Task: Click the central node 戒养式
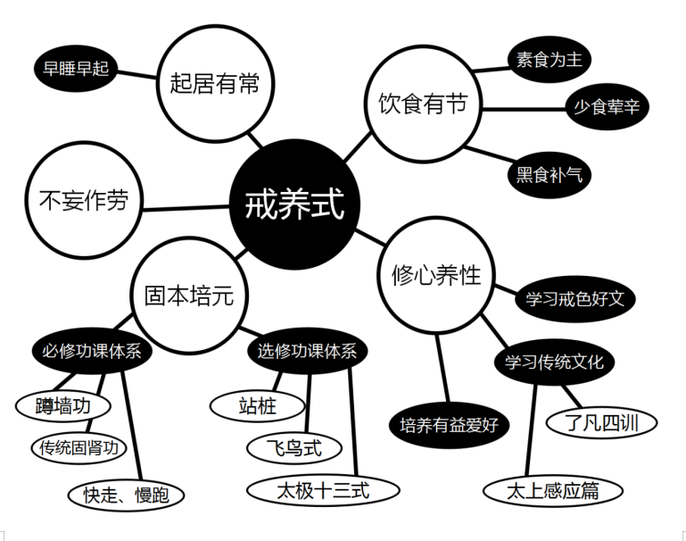click(294, 204)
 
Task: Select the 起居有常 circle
click(215, 83)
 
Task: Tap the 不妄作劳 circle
click(84, 200)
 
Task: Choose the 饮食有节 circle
click(423, 104)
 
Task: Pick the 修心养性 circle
click(436, 275)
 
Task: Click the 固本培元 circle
click(189, 295)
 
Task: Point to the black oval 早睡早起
click(76, 69)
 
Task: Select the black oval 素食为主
click(549, 60)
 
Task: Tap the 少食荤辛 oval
click(607, 106)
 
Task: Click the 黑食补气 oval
click(549, 175)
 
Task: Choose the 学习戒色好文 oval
click(574, 299)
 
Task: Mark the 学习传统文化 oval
click(554, 362)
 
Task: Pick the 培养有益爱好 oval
click(450, 425)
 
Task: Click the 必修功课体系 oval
click(92, 351)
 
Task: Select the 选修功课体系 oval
click(307, 351)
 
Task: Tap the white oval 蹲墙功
click(63, 405)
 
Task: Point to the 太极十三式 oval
click(323, 490)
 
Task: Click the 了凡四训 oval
click(601, 423)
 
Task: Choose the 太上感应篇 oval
click(553, 491)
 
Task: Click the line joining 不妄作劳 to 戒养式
click(186, 207)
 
